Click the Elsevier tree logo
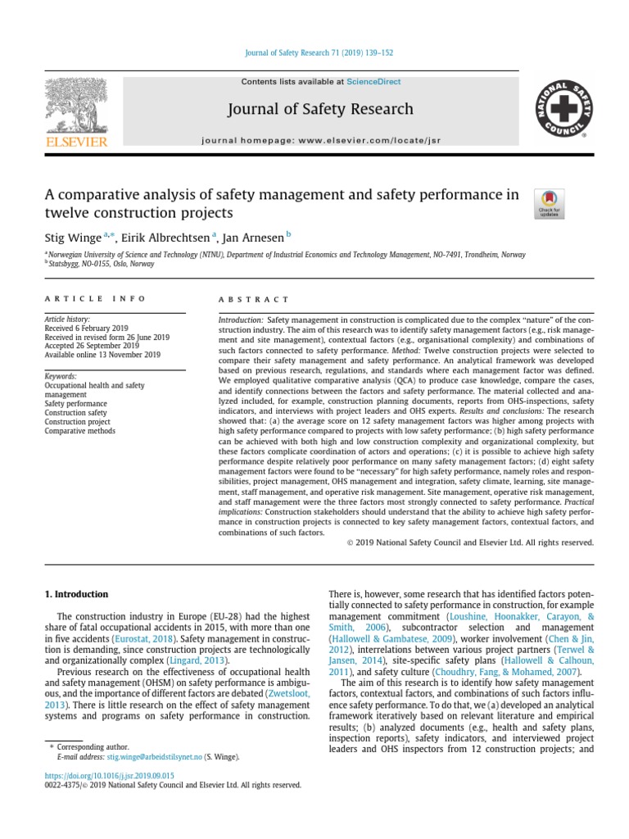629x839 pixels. click(x=76, y=107)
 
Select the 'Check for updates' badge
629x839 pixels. click(x=548, y=203)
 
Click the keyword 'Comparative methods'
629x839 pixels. click(x=80, y=431)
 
